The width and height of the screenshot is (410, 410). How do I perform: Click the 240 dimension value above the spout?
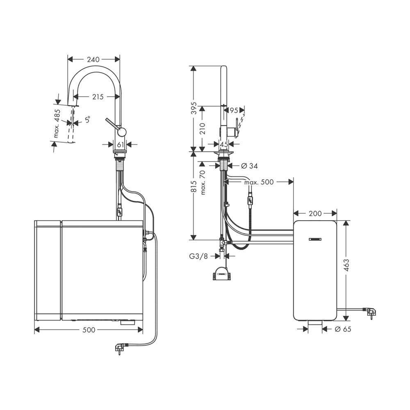(x=93, y=59)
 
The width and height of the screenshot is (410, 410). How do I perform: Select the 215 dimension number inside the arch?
(x=97, y=97)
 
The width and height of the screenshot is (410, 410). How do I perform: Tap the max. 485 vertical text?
(x=58, y=123)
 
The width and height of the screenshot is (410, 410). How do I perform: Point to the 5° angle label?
(x=87, y=120)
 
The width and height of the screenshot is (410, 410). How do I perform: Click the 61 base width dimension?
(x=121, y=144)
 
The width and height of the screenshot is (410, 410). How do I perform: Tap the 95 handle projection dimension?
(x=234, y=110)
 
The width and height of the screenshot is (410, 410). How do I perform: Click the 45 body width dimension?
(x=223, y=144)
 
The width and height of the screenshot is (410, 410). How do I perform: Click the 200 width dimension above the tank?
(x=315, y=213)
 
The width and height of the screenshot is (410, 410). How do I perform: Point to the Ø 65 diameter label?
(x=343, y=329)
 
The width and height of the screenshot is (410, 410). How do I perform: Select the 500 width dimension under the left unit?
(x=89, y=329)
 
